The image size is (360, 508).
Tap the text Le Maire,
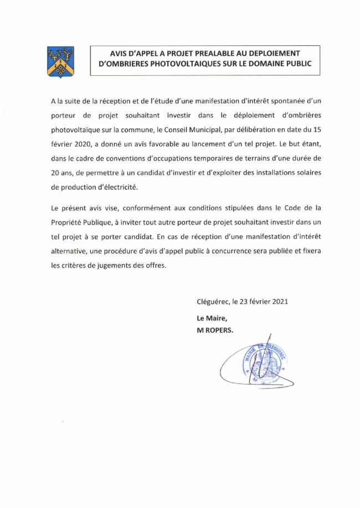(212, 318)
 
